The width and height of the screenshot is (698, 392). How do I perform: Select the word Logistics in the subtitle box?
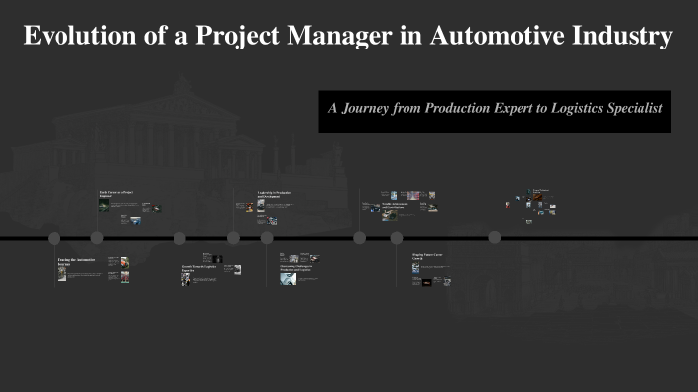click(x=571, y=107)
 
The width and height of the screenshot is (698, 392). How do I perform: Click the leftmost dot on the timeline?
click(x=54, y=238)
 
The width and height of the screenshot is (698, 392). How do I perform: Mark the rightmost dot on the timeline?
click(x=495, y=238)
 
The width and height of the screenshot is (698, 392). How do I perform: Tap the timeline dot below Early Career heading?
click(x=97, y=238)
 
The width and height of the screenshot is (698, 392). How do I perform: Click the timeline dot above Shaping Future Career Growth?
click(x=397, y=238)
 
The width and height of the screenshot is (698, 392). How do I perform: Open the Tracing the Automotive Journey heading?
click(x=78, y=262)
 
